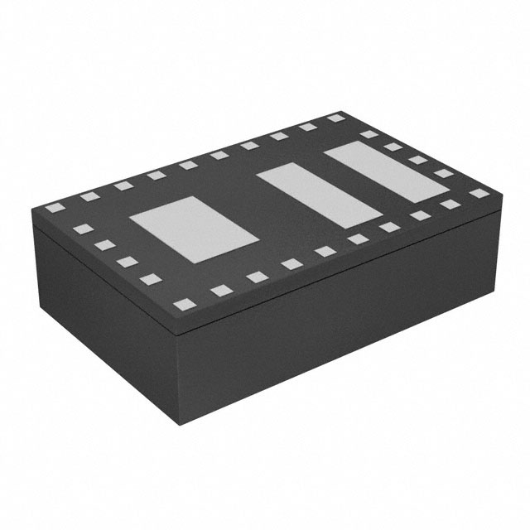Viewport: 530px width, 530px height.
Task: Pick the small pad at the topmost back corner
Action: pyautogui.click(x=335, y=118)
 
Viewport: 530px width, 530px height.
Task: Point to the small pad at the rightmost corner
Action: pyautogui.click(x=479, y=193)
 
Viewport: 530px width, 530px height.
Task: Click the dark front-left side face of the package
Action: pyautogui.click(x=108, y=315)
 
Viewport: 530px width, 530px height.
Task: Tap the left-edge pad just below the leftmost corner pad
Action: pyautogui.click(x=79, y=228)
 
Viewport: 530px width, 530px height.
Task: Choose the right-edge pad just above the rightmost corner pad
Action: pyautogui.click(x=445, y=174)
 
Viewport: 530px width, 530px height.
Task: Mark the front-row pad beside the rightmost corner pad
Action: pyautogui.click(x=450, y=204)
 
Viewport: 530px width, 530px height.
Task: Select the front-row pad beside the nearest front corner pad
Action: pyautogui.click(x=221, y=290)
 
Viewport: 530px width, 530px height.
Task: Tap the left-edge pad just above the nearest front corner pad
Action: pyautogui.click(x=151, y=279)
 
